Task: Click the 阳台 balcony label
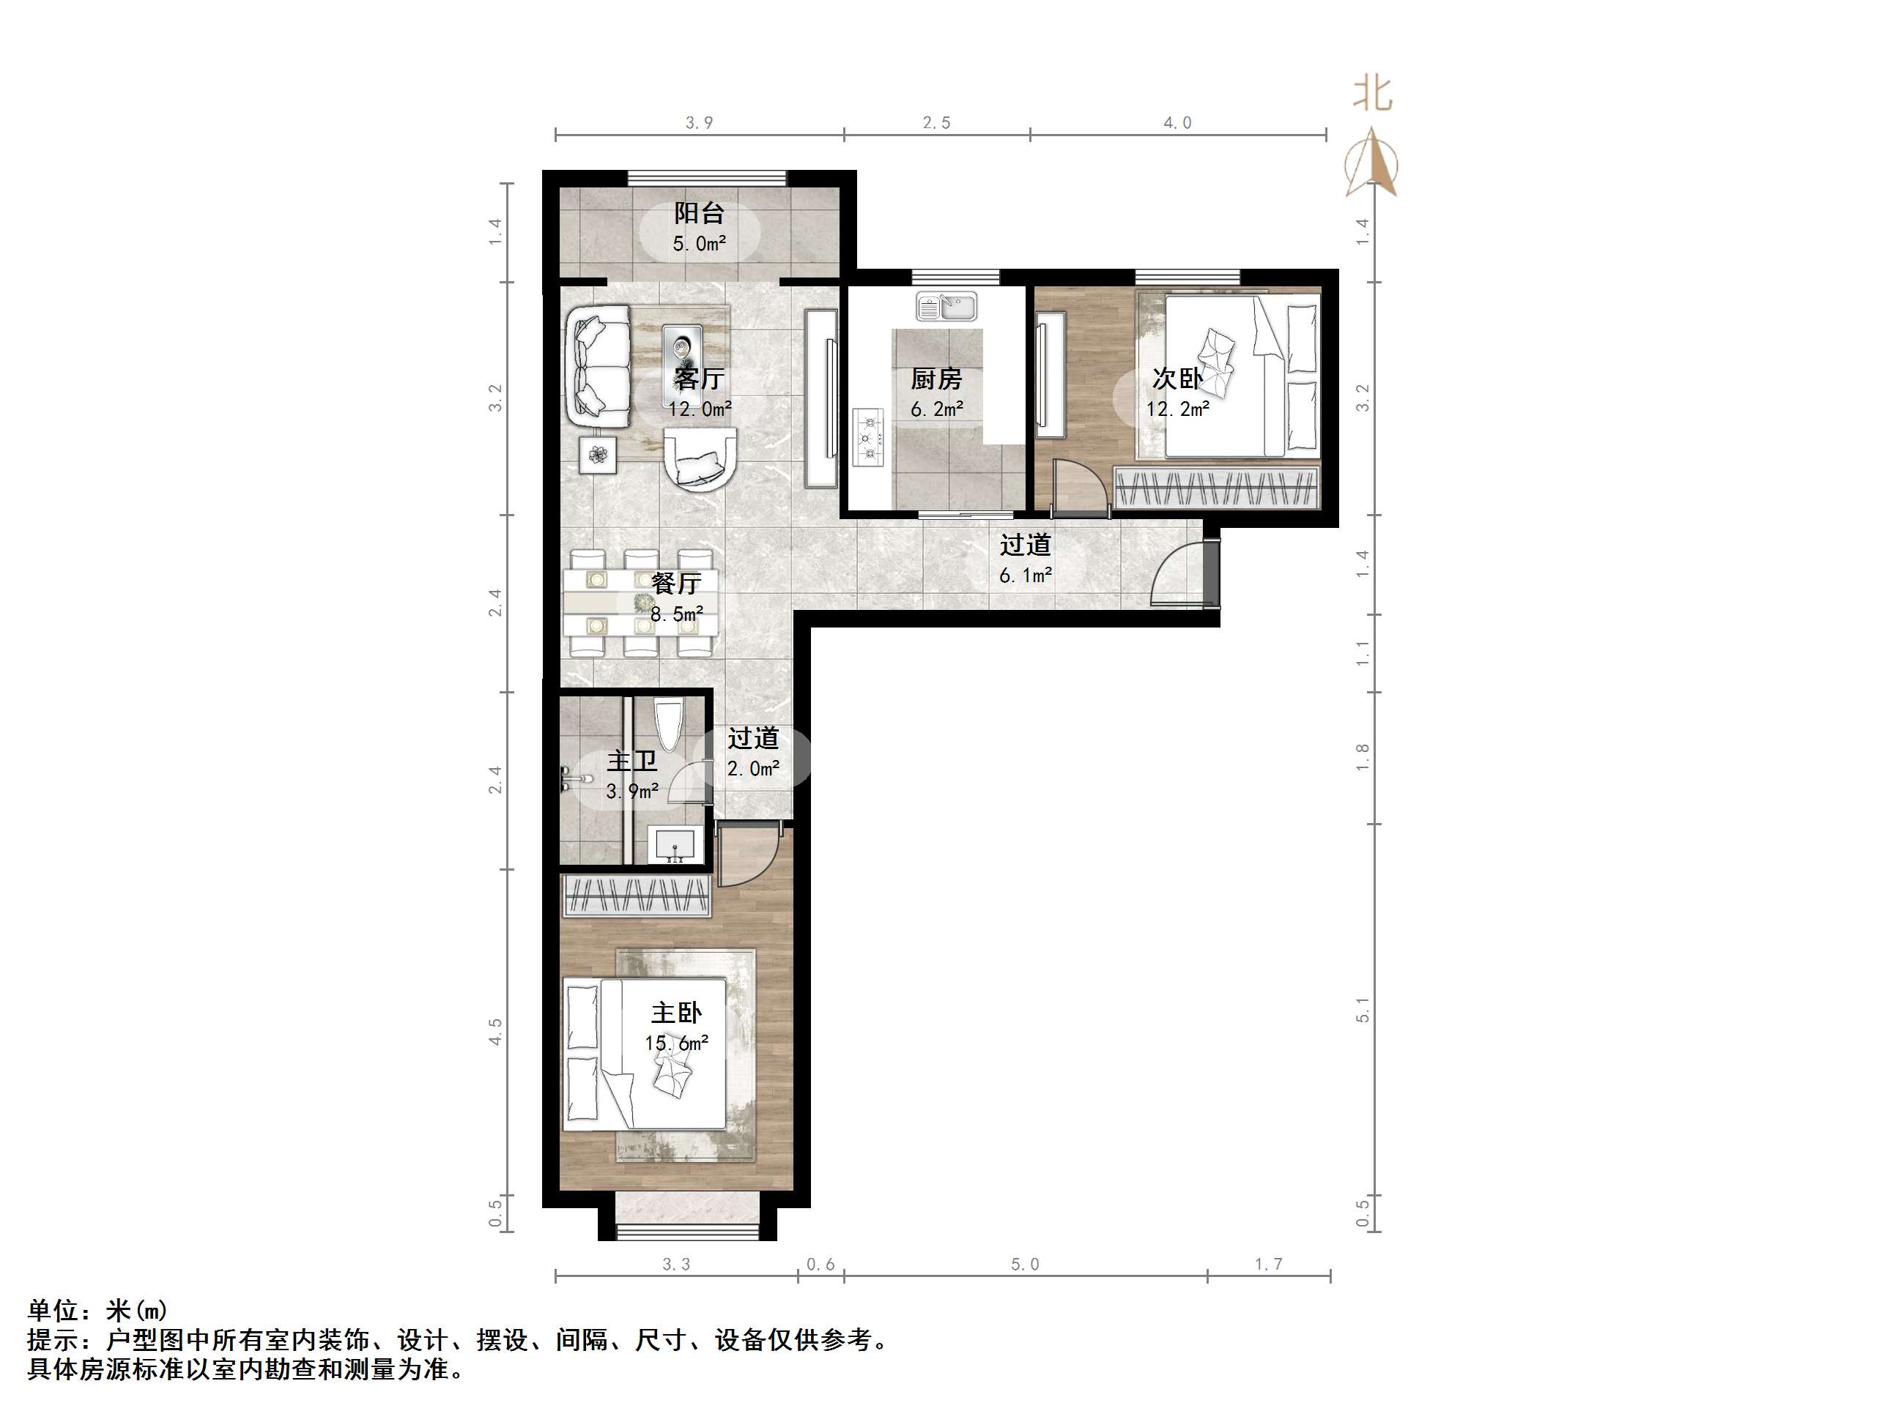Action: coord(699,212)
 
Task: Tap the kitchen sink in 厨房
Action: coord(946,306)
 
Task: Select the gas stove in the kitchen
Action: coord(869,437)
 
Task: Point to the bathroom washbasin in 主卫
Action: coord(675,844)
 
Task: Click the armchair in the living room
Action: coord(700,458)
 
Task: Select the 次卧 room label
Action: coord(1177,379)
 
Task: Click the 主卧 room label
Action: coord(676,1012)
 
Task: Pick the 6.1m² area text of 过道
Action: coord(1025,576)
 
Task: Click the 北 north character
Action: coord(1372,94)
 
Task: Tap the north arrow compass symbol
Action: coord(1371,163)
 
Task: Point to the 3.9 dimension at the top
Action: coord(700,123)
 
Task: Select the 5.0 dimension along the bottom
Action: coord(1024,1265)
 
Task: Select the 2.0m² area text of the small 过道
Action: coord(753,769)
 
